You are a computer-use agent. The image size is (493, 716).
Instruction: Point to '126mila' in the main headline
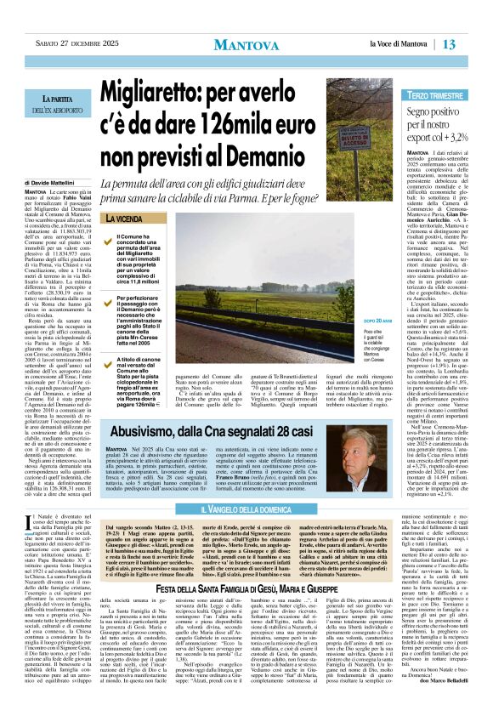pos(263,115)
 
